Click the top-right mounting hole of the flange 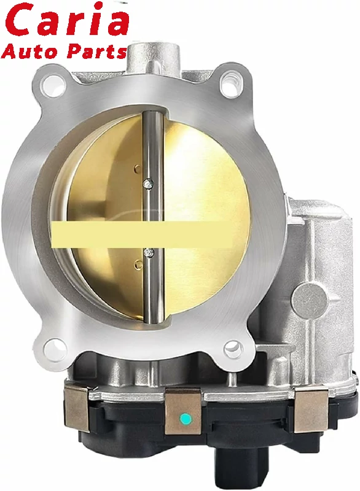tap(230, 79)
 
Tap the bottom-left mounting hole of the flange tap(55, 347)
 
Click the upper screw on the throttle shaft tap(148, 182)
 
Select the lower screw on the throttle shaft tap(148, 252)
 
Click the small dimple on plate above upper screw tap(136, 166)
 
